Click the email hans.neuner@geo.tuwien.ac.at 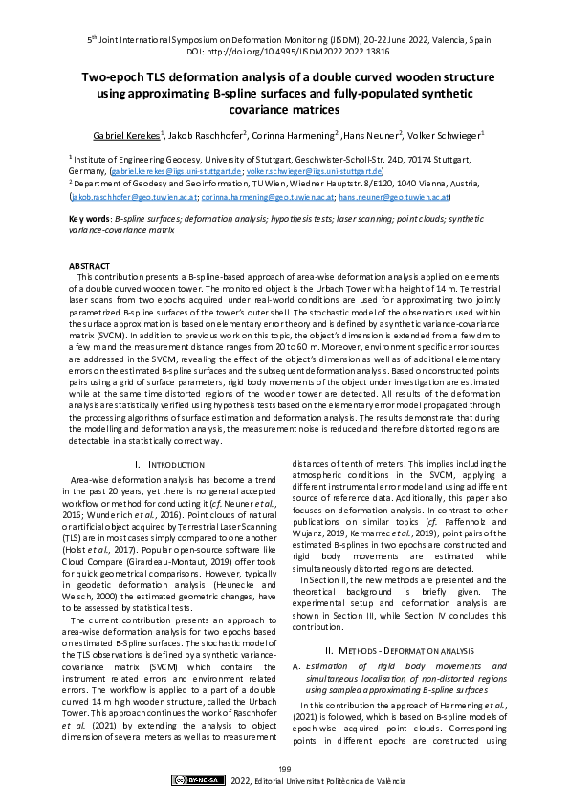(394, 197)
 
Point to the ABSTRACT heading (90, 265)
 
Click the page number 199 (284, 768)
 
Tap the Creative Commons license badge (198, 780)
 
